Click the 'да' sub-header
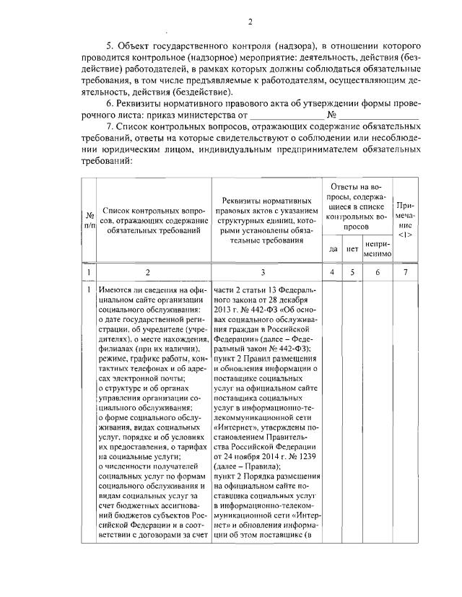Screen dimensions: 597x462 click(x=333, y=249)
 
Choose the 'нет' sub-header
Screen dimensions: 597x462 click(x=352, y=249)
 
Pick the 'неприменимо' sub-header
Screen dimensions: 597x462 click(x=378, y=249)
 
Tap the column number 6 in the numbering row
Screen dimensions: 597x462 click(x=378, y=273)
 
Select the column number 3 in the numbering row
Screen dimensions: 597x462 click(x=267, y=273)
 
